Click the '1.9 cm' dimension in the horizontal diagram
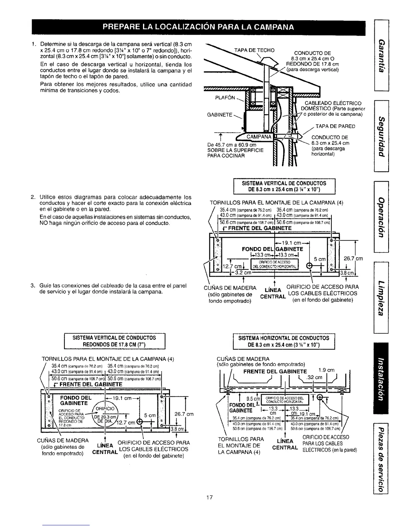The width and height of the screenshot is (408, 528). tap(326, 370)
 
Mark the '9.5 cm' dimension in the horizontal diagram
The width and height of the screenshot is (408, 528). tap(252, 399)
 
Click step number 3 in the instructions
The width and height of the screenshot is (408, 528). tap(33, 286)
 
